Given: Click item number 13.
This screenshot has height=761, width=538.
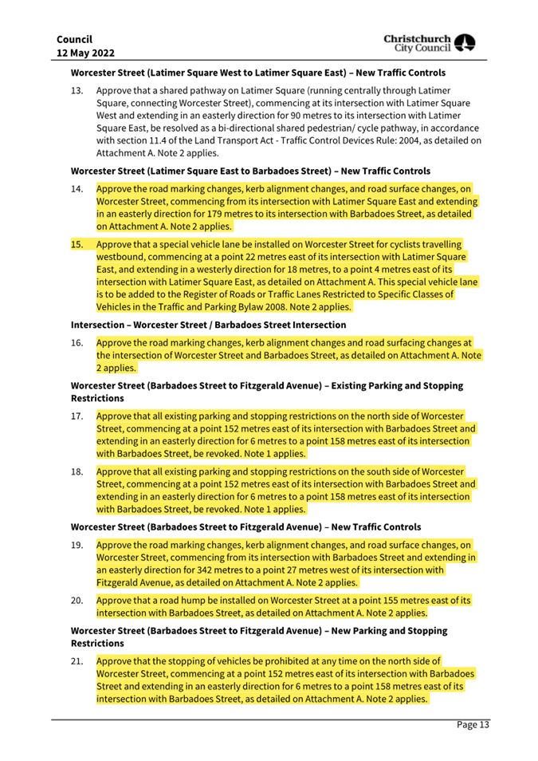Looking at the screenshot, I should tap(77, 92).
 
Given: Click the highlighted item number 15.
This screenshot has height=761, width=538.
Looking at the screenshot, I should tap(77, 244).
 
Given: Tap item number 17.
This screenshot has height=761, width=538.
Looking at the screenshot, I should tap(77, 416).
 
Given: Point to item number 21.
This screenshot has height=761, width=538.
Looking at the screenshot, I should tap(77, 660).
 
